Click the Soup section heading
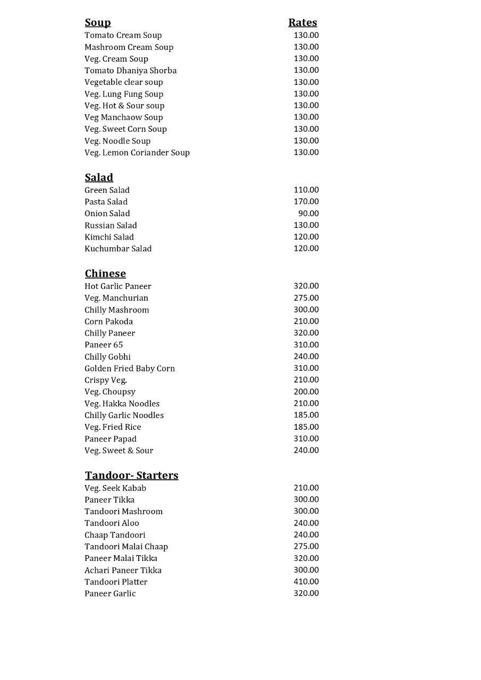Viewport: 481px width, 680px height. (x=98, y=22)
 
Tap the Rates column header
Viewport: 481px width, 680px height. (x=302, y=22)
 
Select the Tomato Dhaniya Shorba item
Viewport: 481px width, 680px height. (x=130, y=70)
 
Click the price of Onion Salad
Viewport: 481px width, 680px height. (x=308, y=213)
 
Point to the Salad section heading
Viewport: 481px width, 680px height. (x=99, y=177)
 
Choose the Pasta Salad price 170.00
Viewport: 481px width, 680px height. (x=306, y=201)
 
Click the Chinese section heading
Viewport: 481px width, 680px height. (x=105, y=274)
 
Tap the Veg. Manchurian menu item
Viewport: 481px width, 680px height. (x=116, y=298)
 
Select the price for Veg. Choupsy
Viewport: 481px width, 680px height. (x=306, y=392)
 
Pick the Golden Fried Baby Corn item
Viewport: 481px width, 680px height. (x=130, y=368)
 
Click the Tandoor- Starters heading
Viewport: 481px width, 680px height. (x=131, y=475)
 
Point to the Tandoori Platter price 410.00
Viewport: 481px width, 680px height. (x=306, y=582)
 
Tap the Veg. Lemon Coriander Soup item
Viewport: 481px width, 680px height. (x=137, y=152)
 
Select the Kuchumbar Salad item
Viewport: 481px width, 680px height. (x=118, y=249)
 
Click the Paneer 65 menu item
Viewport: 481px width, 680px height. (x=104, y=345)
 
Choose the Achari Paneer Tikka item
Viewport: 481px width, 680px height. (x=123, y=570)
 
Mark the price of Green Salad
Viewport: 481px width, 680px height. (x=306, y=190)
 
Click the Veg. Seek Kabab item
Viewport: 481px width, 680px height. (x=115, y=488)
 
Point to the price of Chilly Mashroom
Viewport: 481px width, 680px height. (x=306, y=310)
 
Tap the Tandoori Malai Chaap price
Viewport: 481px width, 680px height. (x=306, y=546)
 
